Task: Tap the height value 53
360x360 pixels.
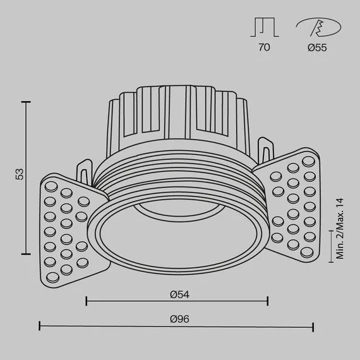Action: coord(20,174)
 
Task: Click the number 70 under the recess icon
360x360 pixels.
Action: coord(265,48)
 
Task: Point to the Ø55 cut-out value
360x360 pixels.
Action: coord(317,48)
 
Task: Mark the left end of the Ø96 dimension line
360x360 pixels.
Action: coord(40,327)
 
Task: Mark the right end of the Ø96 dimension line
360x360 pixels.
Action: coord(313,327)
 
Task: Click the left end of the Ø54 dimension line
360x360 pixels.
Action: coord(85,301)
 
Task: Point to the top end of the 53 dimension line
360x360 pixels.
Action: coord(26,100)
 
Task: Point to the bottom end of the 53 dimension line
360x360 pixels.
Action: coord(26,253)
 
